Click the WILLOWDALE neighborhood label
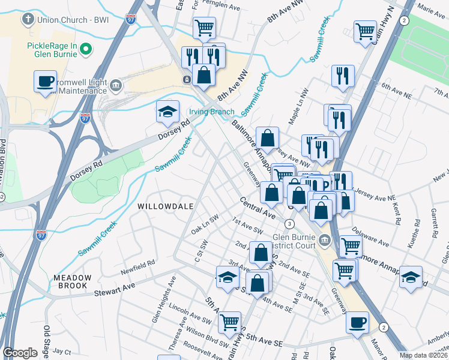point(165,206)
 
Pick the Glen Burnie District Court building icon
point(325,241)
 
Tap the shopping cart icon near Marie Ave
point(364,31)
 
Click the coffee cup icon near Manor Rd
point(357,322)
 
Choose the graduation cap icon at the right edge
point(411,277)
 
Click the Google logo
point(20,353)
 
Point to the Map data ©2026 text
point(424,355)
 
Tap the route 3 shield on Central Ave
point(290,224)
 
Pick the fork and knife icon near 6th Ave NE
point(342,76)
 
